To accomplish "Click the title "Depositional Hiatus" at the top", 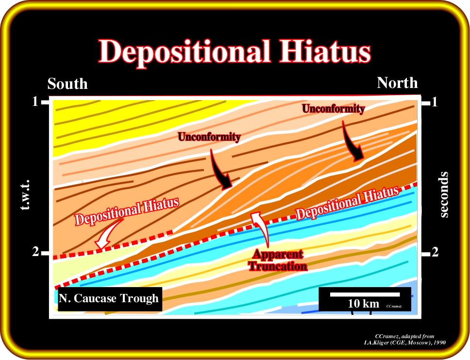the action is [235, 51].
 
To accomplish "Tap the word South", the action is [67, 84].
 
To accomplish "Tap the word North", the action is [397, 83].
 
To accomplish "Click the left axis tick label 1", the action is [35, 102].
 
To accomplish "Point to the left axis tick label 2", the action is [35, 252].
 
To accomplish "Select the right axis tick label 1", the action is [435, 103].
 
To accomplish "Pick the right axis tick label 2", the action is [435, 253].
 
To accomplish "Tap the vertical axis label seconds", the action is [444, 194].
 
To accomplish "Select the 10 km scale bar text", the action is [363, 304].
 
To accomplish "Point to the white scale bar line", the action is [365, 294].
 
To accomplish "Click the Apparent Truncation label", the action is [278, 260].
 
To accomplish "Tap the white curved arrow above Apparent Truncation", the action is [262, 229].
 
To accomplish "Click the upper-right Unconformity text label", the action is [333, 109].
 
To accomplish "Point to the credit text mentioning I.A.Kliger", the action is [404, 339].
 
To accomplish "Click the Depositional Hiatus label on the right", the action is [348, 203].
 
